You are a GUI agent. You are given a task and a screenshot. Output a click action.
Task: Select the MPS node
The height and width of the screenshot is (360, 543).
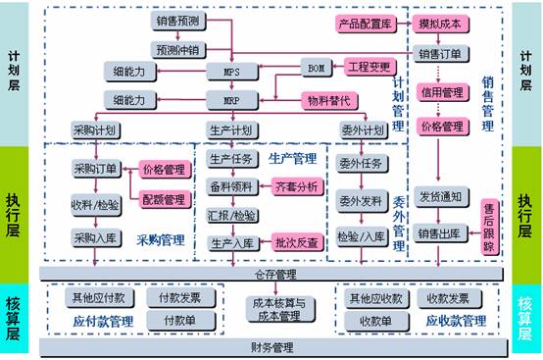(231, 72)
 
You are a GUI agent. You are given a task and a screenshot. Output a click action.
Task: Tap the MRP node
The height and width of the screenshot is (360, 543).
(231, 100)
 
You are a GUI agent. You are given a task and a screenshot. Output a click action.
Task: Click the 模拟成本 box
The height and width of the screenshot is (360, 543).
(442, 22)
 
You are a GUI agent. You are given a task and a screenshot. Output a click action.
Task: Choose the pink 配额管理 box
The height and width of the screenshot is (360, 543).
(163, 199)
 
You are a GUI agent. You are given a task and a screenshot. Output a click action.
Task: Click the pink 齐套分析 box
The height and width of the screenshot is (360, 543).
(296, 186)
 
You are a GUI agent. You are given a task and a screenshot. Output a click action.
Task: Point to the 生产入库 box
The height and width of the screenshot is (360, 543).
(232, 244)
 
